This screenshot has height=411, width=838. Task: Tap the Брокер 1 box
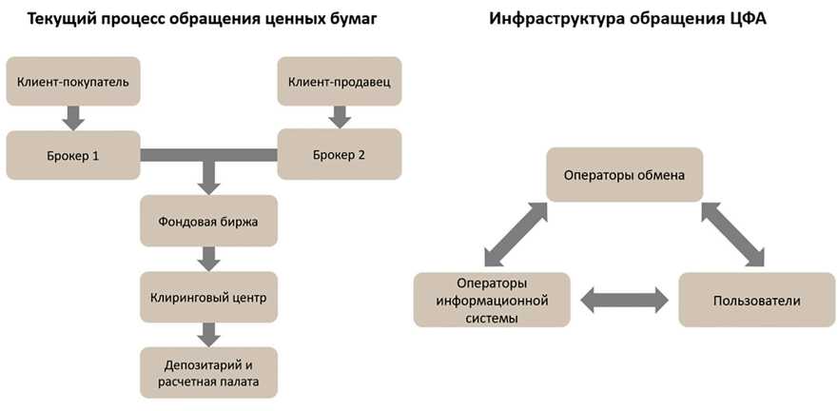pyautogui.click(x=73, y=153)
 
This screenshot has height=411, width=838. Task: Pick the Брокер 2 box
pyautogui.click(x=339, y=153)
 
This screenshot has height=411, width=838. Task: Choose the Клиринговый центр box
pyautogui.click(x=208, y=296)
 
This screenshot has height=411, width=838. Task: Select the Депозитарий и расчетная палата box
pyautogui.click(x=208, y=372)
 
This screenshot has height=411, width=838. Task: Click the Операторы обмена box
pyautogui.click(x=624, y=174)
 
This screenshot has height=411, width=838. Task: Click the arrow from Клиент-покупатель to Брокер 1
pyautogui.click(x=73, y=117)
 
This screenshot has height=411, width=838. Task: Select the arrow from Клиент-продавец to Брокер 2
pyautogui.click(x=339, y=117)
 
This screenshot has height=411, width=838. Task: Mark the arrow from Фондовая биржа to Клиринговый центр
pyautogui.click(x=208, y=258)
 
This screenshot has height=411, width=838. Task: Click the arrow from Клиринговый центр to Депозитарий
pyautogui.click(x=208, y=334)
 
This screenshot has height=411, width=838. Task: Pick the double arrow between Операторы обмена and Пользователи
pyautogui.click(x=733, y=233)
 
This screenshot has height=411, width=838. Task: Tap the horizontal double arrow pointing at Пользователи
pyautogui.click(x=623, y=301)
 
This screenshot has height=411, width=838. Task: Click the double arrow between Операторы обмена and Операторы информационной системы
pyautogui.click(x=515, y=233)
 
